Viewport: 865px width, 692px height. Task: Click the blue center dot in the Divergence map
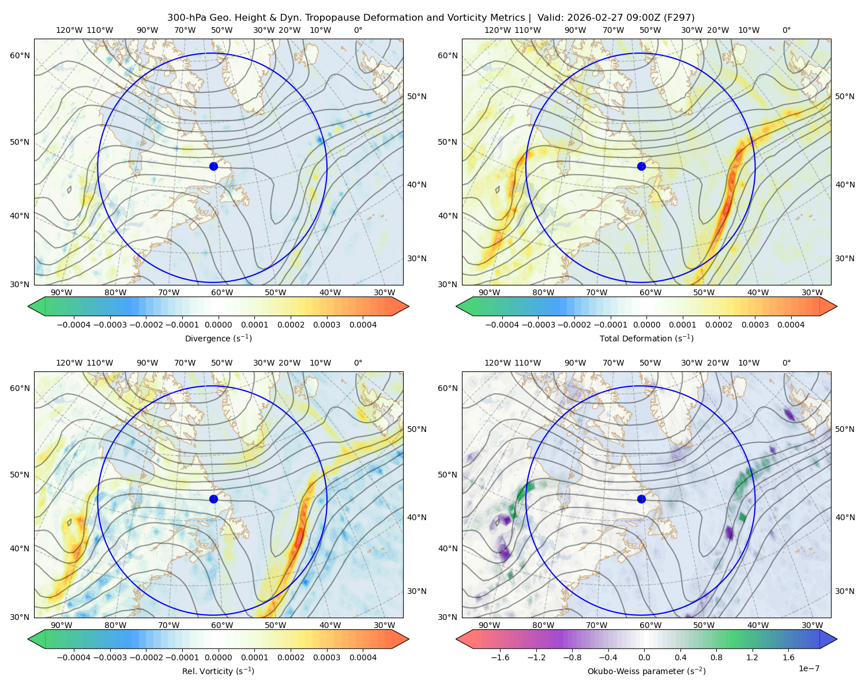pos(213,166)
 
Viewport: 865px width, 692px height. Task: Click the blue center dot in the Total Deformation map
pos(641,166)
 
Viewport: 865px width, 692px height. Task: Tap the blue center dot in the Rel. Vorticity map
pos(213,499)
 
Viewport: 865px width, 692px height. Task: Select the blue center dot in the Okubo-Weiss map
pos(641,499)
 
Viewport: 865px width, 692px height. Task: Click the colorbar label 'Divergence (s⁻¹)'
pos(218,338)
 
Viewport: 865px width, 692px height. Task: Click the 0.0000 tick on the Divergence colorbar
pos(218,325)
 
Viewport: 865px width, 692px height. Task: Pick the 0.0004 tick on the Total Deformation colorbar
pos(791,325)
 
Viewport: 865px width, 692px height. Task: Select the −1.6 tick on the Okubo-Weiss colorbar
pos(500,657)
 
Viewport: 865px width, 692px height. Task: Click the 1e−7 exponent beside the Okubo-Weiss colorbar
pos(808,668)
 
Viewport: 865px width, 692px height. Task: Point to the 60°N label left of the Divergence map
pos(20,55)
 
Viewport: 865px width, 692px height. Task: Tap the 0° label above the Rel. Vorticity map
pos(358,363)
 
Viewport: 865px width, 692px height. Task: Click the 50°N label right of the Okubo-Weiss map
pos(845,429)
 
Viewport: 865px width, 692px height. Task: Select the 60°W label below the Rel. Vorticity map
pos(222,625)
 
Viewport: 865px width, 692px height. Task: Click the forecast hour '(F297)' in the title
pos(679,18)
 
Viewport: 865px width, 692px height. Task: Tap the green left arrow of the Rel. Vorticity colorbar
pos(37,639)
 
